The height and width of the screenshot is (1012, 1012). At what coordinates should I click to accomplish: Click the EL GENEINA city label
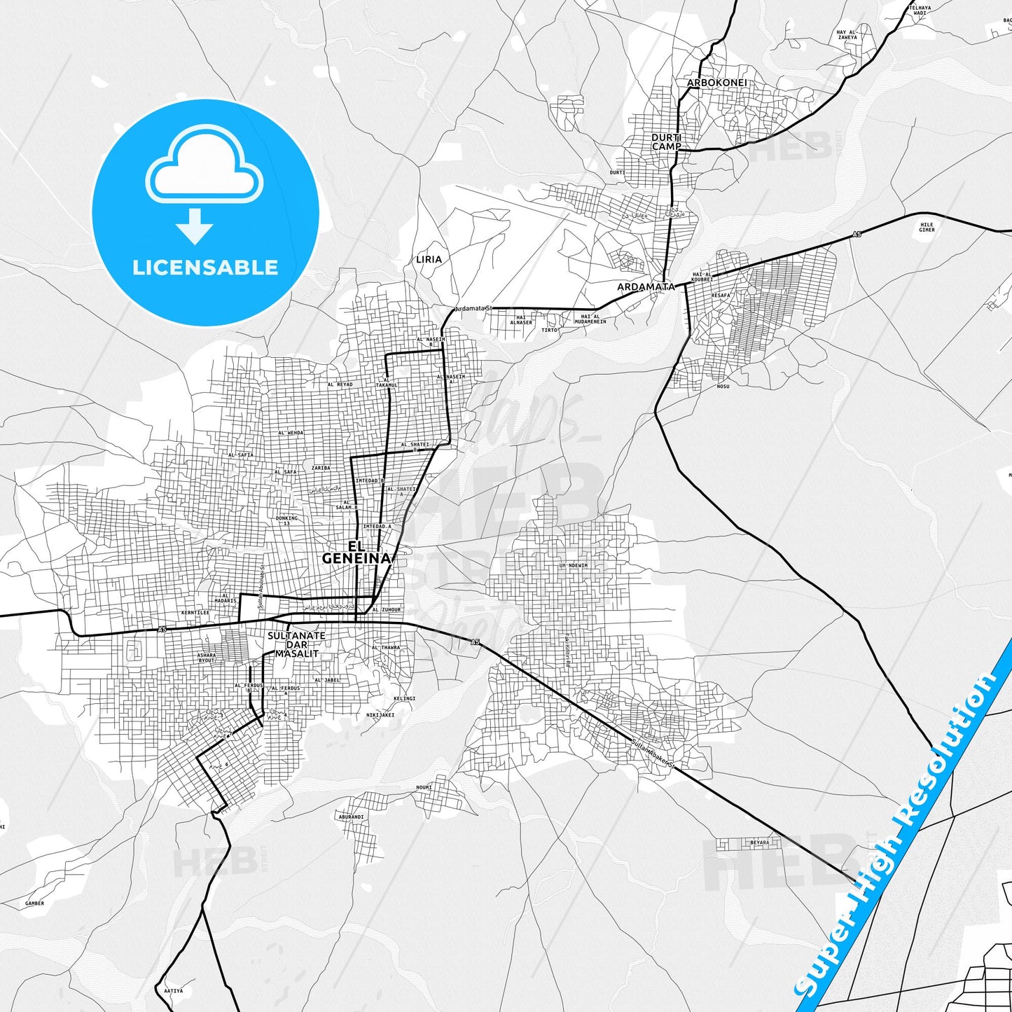[x=356, y=552]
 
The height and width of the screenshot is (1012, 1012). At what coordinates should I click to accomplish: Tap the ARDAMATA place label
[x=645, y=286]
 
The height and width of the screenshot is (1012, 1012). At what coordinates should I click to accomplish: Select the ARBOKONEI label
[x=716, y=83]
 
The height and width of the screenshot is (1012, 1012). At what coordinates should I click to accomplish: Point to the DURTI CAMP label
[x=666, y=142]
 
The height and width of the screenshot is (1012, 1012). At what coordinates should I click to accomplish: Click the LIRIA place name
[x=429, y=259]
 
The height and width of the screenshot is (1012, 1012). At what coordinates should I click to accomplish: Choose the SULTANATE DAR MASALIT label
[x=296, y=644]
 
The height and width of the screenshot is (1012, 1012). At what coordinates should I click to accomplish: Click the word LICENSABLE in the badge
[x=205, y=268]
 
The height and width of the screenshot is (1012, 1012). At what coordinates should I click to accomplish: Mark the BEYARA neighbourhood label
[x=759, y=843]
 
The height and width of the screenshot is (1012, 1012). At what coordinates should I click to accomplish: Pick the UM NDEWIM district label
[x=573, y=565]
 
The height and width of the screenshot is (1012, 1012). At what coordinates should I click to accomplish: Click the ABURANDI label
[x=351, y=817]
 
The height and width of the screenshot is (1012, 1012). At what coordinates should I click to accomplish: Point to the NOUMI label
[x=424, y=787]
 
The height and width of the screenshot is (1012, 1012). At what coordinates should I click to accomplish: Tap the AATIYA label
[x=173, y=990]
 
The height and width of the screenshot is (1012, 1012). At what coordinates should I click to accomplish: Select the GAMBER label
[x=34, y=903]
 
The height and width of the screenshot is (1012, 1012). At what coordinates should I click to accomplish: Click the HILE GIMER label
[x=927, y=227]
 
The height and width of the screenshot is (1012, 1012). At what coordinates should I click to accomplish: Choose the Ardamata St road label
[x=473, y=308]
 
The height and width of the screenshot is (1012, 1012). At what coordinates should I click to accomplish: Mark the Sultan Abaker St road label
[x=651, y=754]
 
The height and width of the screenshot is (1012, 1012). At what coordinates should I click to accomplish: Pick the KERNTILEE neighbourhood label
[x=195, y=613]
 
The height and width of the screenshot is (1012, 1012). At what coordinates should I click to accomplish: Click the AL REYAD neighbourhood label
[x=340, y=384]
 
